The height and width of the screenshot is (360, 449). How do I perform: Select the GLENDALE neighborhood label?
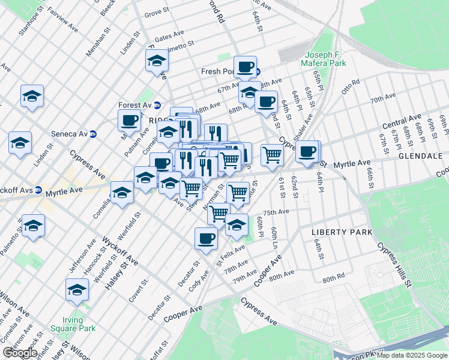click(x=420, y=156)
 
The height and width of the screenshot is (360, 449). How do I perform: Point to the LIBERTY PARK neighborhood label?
click(x=342, y=232)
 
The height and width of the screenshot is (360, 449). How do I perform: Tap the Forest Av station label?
click(x=135, y=105)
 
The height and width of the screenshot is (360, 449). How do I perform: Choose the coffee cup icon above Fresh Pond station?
click(x=245, y=67)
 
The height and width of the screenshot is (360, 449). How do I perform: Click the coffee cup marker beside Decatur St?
click(x=206, y=238)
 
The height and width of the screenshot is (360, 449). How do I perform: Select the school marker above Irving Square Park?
click(x=77, y=290)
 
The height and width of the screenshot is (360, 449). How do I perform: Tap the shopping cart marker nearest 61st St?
click(x=273, y=155)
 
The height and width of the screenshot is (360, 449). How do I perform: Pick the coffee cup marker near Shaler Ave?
click(x=307, y=151)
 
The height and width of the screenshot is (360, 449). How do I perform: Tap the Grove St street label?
click(x=157, y=12)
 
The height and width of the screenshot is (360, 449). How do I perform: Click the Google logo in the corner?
click(x=20, y=353)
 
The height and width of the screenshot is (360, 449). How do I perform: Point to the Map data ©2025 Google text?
click(x=411, y=355)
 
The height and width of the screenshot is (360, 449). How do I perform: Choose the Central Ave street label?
click(x=402, y=122)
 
